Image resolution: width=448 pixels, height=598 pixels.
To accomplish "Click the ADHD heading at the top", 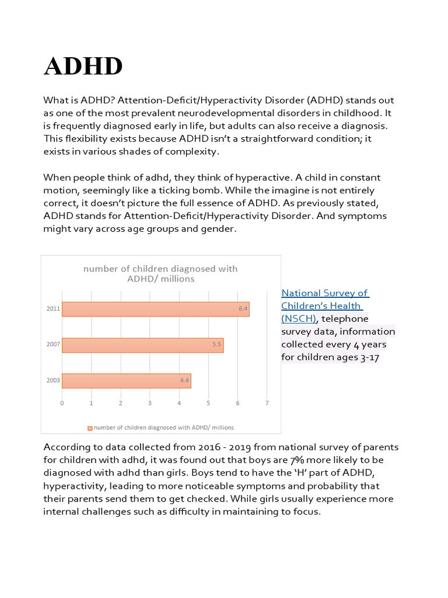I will click(83, 67).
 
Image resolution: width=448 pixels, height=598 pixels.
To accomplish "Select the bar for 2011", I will click(155, 309).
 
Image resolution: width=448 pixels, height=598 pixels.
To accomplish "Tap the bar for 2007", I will click(142, 345).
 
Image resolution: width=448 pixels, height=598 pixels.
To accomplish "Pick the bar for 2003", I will click(126, 381).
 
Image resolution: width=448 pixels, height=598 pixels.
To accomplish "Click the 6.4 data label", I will click(243, 309).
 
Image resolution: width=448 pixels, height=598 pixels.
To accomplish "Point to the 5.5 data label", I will click(216, 345).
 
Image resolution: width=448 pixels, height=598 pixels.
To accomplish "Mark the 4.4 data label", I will click(184, 381).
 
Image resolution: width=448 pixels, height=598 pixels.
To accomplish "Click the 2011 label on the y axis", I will click(53, 309).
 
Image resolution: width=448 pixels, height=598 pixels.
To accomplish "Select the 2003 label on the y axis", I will click(53, 381).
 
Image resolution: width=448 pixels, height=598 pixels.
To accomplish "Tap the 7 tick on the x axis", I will click(267, 404).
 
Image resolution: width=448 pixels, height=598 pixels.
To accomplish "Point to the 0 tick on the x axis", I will click(62, 404).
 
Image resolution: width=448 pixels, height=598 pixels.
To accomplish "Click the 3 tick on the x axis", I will click(150, 404).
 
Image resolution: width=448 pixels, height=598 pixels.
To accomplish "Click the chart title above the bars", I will click(160, 274).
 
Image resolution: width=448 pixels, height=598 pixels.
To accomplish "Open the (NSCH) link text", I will click(298, 319).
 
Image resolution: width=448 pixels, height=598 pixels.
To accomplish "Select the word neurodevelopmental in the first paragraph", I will click(249, 113).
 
